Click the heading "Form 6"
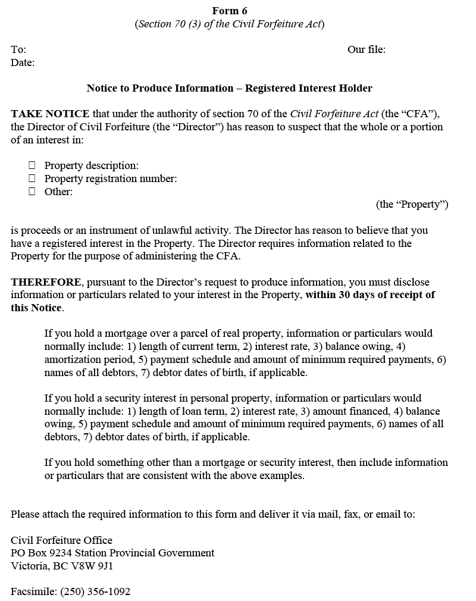click(x=229, y=11)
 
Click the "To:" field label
click(x=18, y=49)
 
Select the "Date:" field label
click(x=23, y=62)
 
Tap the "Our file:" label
click(x=366, y=49)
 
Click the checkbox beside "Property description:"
click(x=32, y=165)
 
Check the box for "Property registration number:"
click(x=32, y=179)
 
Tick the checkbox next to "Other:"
click(x=32, y=192)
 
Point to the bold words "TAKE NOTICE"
click(x=50, y=114)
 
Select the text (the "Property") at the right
click(x=412, y=205)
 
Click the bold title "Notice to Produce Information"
click(x=160, y=88)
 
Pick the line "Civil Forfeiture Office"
click(x=61, y=540)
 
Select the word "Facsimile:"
click(x=33, y=591)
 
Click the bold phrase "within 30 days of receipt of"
click(x=370, y=295)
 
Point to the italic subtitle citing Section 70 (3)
click(x=229, y=24)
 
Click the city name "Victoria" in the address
click(x=29, y=566)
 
